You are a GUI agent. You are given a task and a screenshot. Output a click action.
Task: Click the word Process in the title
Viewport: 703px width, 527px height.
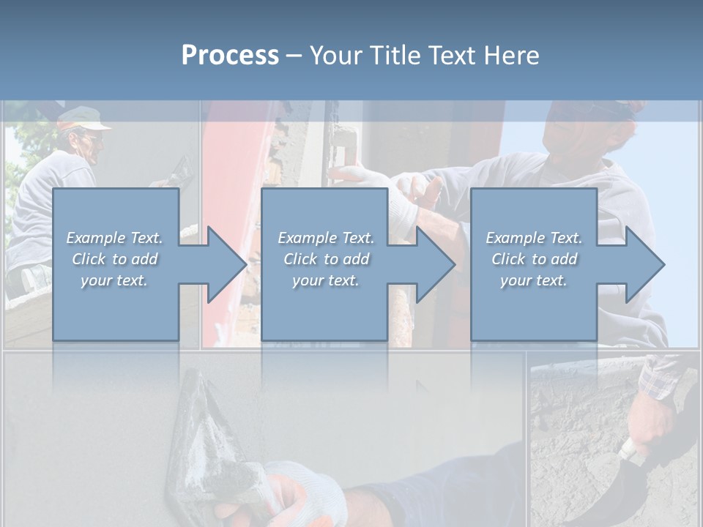[230, 56]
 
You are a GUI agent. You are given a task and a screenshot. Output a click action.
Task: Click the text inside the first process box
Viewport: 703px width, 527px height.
[114, 259]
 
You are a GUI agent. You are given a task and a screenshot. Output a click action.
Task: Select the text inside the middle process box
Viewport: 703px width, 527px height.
[326, 259]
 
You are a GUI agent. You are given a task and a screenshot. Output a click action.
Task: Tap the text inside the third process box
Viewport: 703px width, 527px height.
[534, 259]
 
